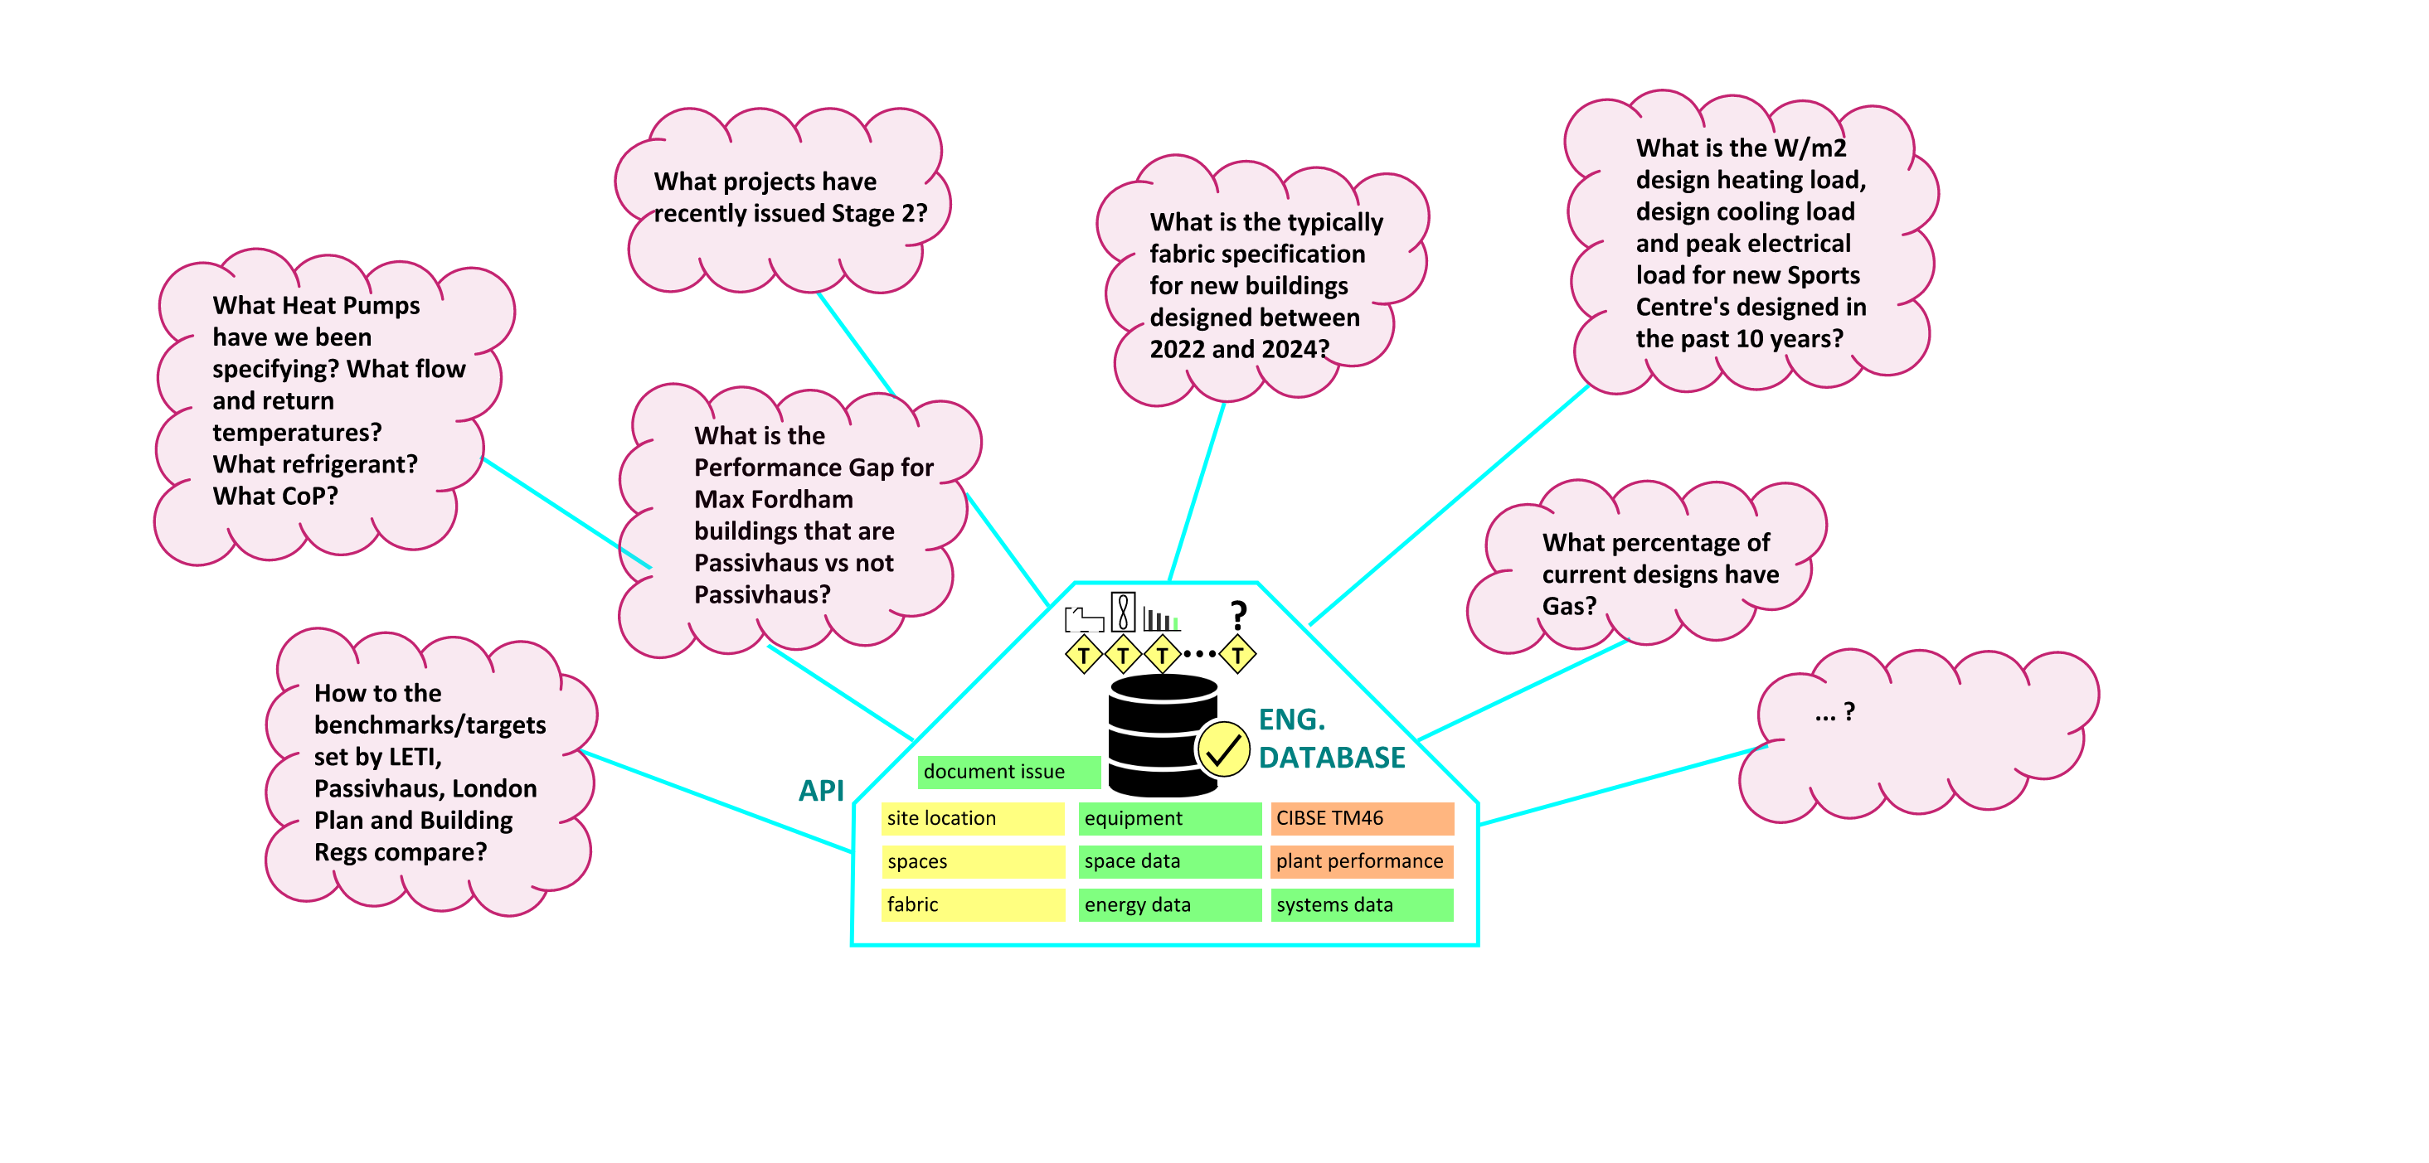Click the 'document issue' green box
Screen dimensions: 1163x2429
coord(1008,772)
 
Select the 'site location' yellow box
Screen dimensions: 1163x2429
coord(972,818)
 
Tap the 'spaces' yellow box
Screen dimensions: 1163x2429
coord(972,861)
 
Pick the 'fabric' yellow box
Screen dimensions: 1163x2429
coord(972,904)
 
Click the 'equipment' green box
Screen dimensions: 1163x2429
coord(1169,818)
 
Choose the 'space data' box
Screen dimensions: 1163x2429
coord(1169,861)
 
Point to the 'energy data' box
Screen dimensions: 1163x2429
coord(1169,904)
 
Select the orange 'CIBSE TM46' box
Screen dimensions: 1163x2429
coord(1362,818)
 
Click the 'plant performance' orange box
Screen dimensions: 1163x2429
coord(1362,861)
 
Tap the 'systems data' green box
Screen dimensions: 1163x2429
coord(1362,904)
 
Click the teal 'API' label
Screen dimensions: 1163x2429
coord(821,791)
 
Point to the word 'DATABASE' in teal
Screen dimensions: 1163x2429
coord(1331,758)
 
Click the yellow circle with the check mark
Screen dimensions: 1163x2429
coord(1223,750)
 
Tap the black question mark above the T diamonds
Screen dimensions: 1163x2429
coord(1239,615)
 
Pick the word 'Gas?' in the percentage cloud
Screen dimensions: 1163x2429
coord(1569,606)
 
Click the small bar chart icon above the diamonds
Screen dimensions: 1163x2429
coord(1161,619)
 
